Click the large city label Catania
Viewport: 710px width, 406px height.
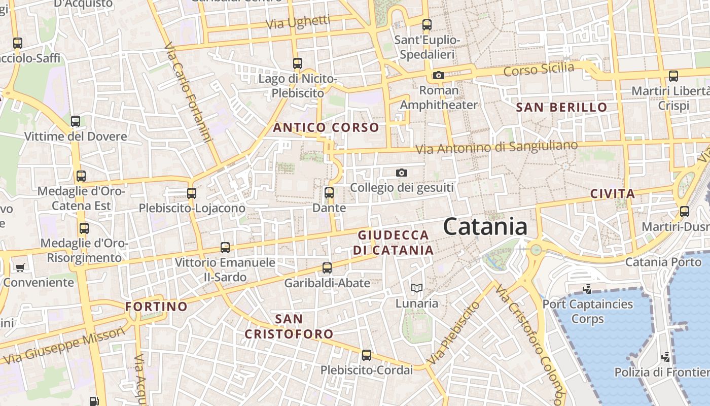[485, 226]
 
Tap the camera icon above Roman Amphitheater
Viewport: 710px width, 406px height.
[439, 76]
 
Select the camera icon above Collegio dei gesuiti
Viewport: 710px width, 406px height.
[402, 173]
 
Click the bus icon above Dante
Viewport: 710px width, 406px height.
[329, 193]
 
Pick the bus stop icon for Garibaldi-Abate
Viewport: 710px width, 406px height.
[327, 268]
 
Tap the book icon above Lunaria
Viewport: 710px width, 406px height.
[417, 288]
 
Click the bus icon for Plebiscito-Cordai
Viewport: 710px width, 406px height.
[367, 355]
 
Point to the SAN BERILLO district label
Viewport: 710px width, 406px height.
[561, 107]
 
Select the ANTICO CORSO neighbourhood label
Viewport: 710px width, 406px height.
[326, 127]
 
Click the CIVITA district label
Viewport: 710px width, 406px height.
[613, 193]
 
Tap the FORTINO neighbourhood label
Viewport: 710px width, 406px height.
[156, 307]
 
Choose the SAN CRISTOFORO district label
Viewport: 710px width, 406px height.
[289, 326]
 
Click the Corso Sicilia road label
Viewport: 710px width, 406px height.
[539, 69]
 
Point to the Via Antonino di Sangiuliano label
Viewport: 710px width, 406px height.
[496, 147]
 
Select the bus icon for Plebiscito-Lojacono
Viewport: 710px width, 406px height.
[191, 193]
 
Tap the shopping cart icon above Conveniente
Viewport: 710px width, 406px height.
[20, 267]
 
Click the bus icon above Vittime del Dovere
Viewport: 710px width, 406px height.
[76, 121]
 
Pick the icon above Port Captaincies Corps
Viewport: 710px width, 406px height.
[587, 289]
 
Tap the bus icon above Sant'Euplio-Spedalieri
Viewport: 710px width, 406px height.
[427, 24]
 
